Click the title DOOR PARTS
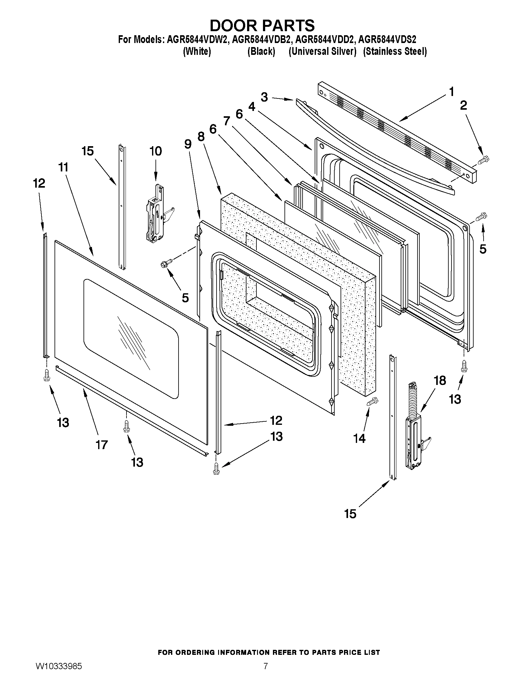click(x=262, y=26)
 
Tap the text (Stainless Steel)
click(x=395, y=51)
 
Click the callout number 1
click(x=451, y=92)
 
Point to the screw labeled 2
click(x=481, y=161)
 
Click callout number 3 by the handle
click(x=264, y=97)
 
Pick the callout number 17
click(x=102, y=444)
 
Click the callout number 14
click(x=359, y=438)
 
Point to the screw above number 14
click(x=373, y=401)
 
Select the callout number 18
click(x=440, y=380)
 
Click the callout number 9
click(x=188, y=144)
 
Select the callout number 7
click(x=227, y=121)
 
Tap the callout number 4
click(x=251, y=107)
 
